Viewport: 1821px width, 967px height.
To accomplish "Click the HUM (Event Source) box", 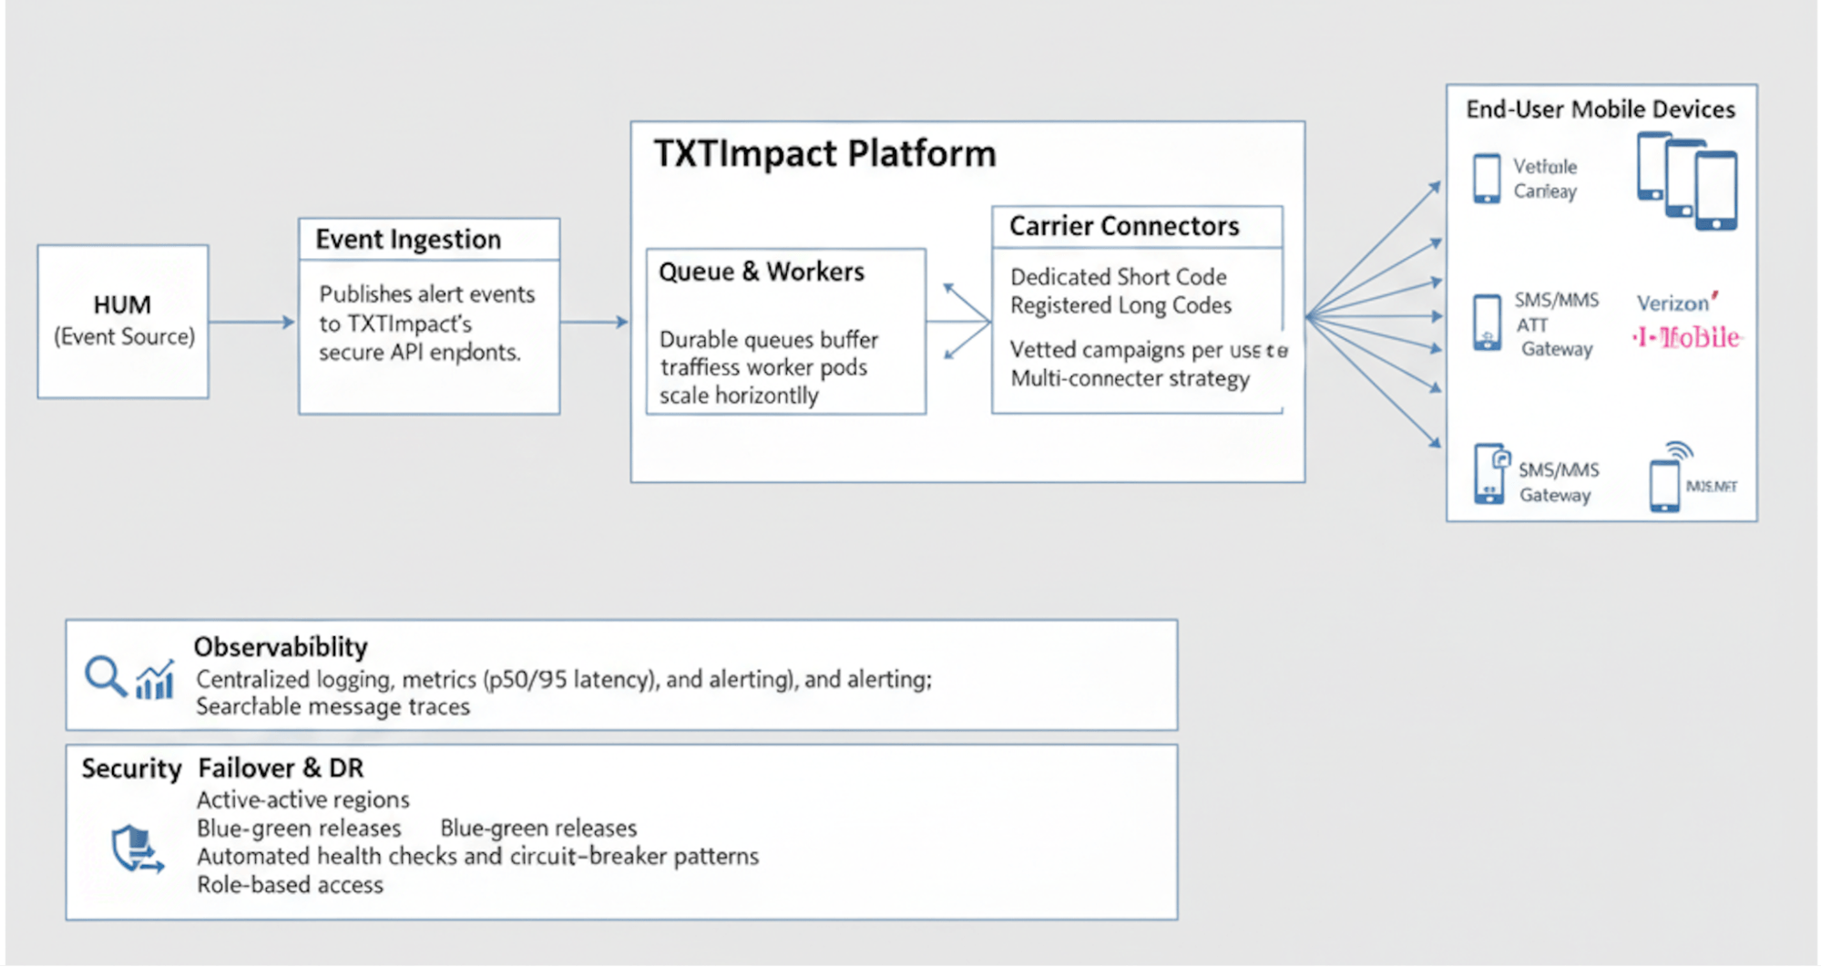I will click(123, 321).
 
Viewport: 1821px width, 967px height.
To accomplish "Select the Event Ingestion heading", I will click(408, 239).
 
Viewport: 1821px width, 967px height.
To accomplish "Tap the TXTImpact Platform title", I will click(824, 153).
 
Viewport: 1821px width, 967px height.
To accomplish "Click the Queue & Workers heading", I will click(761, 272).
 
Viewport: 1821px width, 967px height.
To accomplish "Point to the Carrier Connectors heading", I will click(1123, 226).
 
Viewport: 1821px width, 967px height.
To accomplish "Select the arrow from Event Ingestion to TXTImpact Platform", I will click(594, 322).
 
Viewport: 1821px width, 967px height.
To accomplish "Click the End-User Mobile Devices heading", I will click(1600, 109).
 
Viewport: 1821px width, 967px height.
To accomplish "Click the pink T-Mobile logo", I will click(1687, 338).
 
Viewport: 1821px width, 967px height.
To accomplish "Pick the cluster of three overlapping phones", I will click(1686, 180).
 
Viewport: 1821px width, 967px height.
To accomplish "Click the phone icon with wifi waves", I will click(1667, 478).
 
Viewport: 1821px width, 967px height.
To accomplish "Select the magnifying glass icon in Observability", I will click(105, 676).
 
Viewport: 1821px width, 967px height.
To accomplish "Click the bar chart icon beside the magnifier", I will click(155, 681).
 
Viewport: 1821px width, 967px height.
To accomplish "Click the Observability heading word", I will click(281, 647).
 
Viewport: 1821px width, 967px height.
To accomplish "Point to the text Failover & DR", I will click(281, 768).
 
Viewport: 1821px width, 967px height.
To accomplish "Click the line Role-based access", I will click(290, 885).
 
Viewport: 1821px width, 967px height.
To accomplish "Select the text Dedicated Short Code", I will click(1118, 277).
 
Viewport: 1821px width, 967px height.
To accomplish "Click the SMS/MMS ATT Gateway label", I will click(1556, 324).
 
